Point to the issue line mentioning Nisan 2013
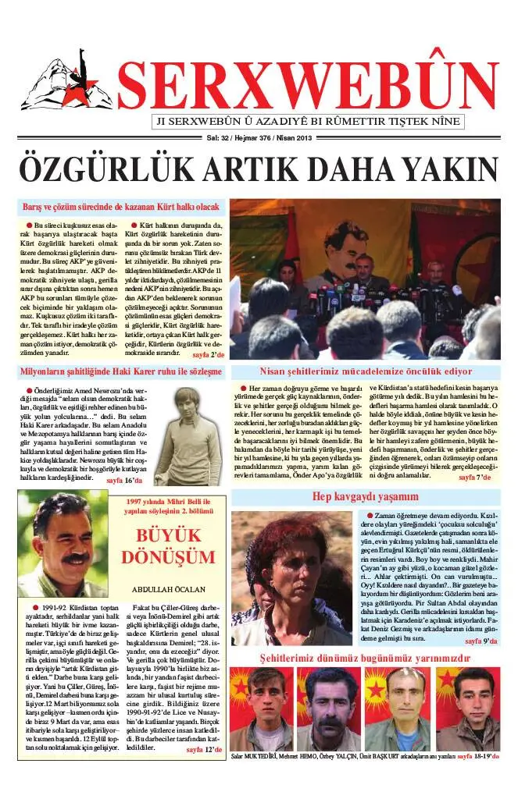(x=259, y=138)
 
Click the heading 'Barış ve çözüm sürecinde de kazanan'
(x=120, y=208)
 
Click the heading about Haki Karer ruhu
(x=121, y=372)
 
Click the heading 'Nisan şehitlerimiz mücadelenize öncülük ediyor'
(x=366, y=372)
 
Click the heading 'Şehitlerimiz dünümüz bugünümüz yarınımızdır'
(x=365, y=659)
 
